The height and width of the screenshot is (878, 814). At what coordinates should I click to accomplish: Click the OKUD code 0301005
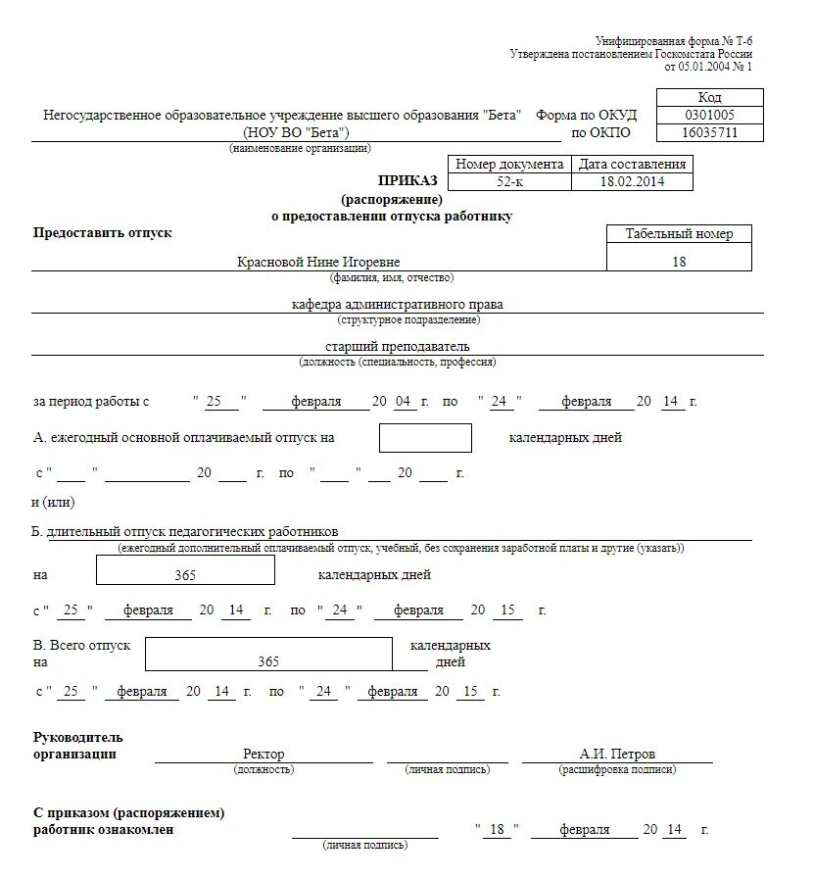coord(709,115)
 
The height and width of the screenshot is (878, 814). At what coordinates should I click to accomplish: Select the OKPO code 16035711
coord(709,132)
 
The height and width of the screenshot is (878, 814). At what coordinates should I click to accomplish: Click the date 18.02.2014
coord(632,182)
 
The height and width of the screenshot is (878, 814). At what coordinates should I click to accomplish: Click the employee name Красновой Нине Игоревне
coord(319,262)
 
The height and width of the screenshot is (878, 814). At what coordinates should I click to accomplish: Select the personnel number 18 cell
coord(680,262)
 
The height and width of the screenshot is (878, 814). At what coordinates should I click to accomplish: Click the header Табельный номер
coord(680,234)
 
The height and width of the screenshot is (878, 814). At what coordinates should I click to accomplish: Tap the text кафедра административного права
coord(398,305)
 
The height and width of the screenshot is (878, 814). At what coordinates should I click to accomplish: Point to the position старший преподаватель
coord(398,347)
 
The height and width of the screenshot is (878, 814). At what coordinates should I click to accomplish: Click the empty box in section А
coord(425,438)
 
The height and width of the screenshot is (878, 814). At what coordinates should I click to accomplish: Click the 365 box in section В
coord(268,661)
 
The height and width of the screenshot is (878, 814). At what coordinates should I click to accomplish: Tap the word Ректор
coord(263,755)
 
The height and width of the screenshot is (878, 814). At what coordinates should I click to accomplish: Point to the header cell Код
coord(709,97)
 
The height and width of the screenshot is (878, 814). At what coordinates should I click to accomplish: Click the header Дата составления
coord(632,165)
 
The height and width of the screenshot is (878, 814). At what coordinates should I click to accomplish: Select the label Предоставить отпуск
coord(103,232)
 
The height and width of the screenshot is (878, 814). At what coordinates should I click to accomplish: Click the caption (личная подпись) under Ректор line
coord(448,770)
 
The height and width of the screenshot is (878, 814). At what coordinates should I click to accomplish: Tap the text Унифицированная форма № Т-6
coord(675,41)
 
